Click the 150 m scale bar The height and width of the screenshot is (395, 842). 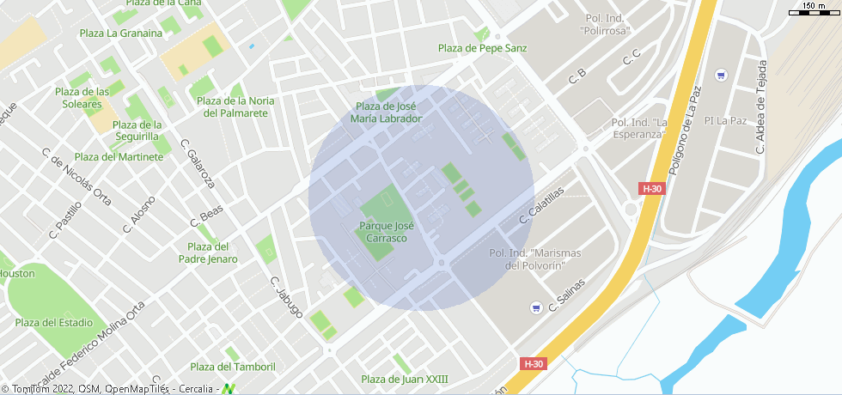pos(813,9)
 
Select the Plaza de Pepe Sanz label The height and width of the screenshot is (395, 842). pos(482,48)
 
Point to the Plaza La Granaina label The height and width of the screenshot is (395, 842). pos(120,33)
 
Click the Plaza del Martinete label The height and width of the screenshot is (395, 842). pos(119,156)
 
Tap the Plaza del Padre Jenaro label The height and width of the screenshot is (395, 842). pos(208,252)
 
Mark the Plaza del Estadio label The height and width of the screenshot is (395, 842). pos(53,323)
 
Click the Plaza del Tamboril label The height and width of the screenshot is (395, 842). pos(233,367)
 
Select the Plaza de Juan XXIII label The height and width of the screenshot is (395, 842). pos(405,380)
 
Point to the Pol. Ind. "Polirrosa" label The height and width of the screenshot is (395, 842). pos(607,24)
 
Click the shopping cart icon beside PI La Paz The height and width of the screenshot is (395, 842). pos(721,75)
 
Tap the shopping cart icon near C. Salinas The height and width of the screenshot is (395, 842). pos(536,307)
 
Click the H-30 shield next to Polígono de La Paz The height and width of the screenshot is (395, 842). pos(652,188)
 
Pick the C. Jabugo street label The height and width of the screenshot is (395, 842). pos(286,297)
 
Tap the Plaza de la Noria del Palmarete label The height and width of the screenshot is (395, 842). pos(238,106)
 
